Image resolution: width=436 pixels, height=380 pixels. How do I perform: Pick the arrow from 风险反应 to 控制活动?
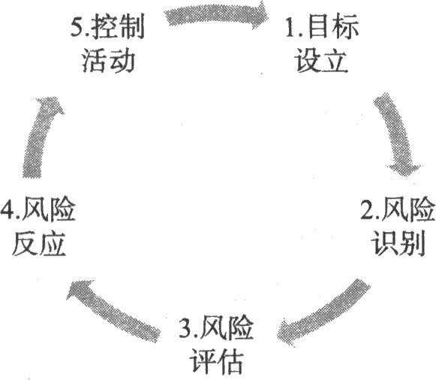click(x=39, y=137)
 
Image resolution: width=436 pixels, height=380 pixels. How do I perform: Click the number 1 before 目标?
click(x=290, y=28)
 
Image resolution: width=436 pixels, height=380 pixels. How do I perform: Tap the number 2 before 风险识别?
click(x=368, y=210)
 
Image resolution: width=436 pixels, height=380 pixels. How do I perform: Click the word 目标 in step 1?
click(x=333, y=27)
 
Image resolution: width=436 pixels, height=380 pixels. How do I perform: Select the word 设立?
click(x=321, y=60)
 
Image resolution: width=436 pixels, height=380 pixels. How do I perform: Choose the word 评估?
click(x=216, y=361)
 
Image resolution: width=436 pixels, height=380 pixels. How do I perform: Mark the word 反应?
click(x=39, y=243)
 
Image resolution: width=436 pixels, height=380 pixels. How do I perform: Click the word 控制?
click(x=118, y=27)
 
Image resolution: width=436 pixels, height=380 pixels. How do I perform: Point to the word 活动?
click(x=109, y=61)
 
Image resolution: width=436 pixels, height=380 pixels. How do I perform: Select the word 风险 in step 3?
click(x=227, y=328)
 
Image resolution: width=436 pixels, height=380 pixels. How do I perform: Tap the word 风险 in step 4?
click(x=49, y=210)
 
